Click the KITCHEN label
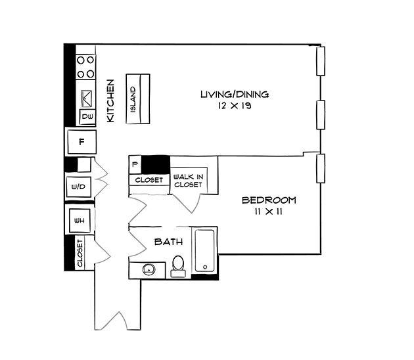pos(111,101)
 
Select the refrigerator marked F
pos(81,141)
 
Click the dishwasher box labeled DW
pos(87,117)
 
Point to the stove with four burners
pos(86,66)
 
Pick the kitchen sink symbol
pos(86,98)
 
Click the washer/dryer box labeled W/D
pos(78,187)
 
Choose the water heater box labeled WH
pos(78,219)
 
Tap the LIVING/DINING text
pos(235,95)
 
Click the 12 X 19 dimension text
pos(235,105)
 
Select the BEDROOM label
pos(268,200)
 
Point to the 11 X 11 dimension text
pos(268,211)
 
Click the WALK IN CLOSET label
pos(188,181)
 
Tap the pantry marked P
pos(135,164)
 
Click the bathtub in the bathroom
pos(205,250)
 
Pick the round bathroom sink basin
pos(149,269)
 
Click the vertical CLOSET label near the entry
pos(80,253)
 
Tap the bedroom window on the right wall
pos(320,168)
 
